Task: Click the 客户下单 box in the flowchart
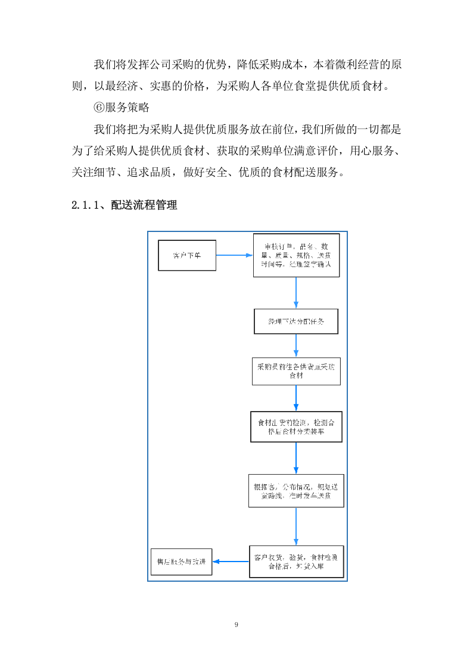187,255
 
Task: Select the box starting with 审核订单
296,255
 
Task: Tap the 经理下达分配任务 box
296,321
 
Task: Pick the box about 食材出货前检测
296,426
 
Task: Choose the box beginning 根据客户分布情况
296,490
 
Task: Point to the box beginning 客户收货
296,562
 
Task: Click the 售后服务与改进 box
182,562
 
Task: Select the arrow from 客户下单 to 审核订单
234,255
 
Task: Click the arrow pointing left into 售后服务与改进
231,562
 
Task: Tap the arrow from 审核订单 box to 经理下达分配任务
296,292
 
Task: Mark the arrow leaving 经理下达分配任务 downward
296,345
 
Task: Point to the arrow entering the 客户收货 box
296,526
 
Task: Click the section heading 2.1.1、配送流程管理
124,205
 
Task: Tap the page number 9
236,625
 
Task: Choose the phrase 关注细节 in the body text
93,173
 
